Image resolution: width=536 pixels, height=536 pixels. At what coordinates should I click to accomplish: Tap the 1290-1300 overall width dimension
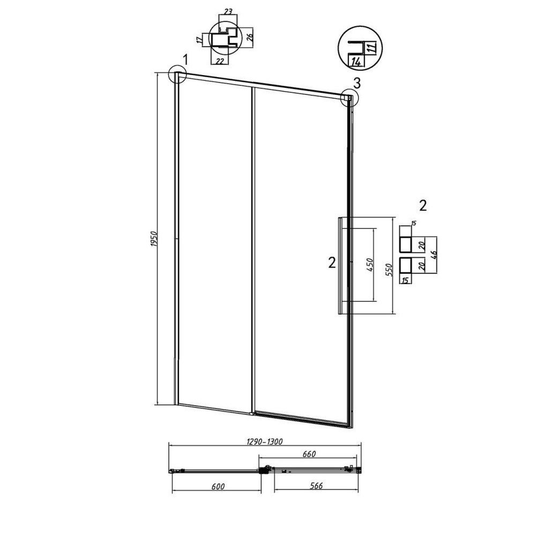pos(265,442)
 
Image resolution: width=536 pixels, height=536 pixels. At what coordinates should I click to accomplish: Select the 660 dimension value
pos(309,454)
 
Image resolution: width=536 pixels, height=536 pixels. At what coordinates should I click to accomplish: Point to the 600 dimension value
pos(218,486)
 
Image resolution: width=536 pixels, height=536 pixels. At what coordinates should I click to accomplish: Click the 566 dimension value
pos(316,486)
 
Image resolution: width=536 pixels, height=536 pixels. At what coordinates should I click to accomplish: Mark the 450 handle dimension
pos(369,265)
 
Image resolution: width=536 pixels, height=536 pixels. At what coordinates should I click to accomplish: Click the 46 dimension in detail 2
pos(434,255)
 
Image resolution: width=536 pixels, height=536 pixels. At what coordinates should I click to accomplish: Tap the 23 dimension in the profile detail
pos(228,11)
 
